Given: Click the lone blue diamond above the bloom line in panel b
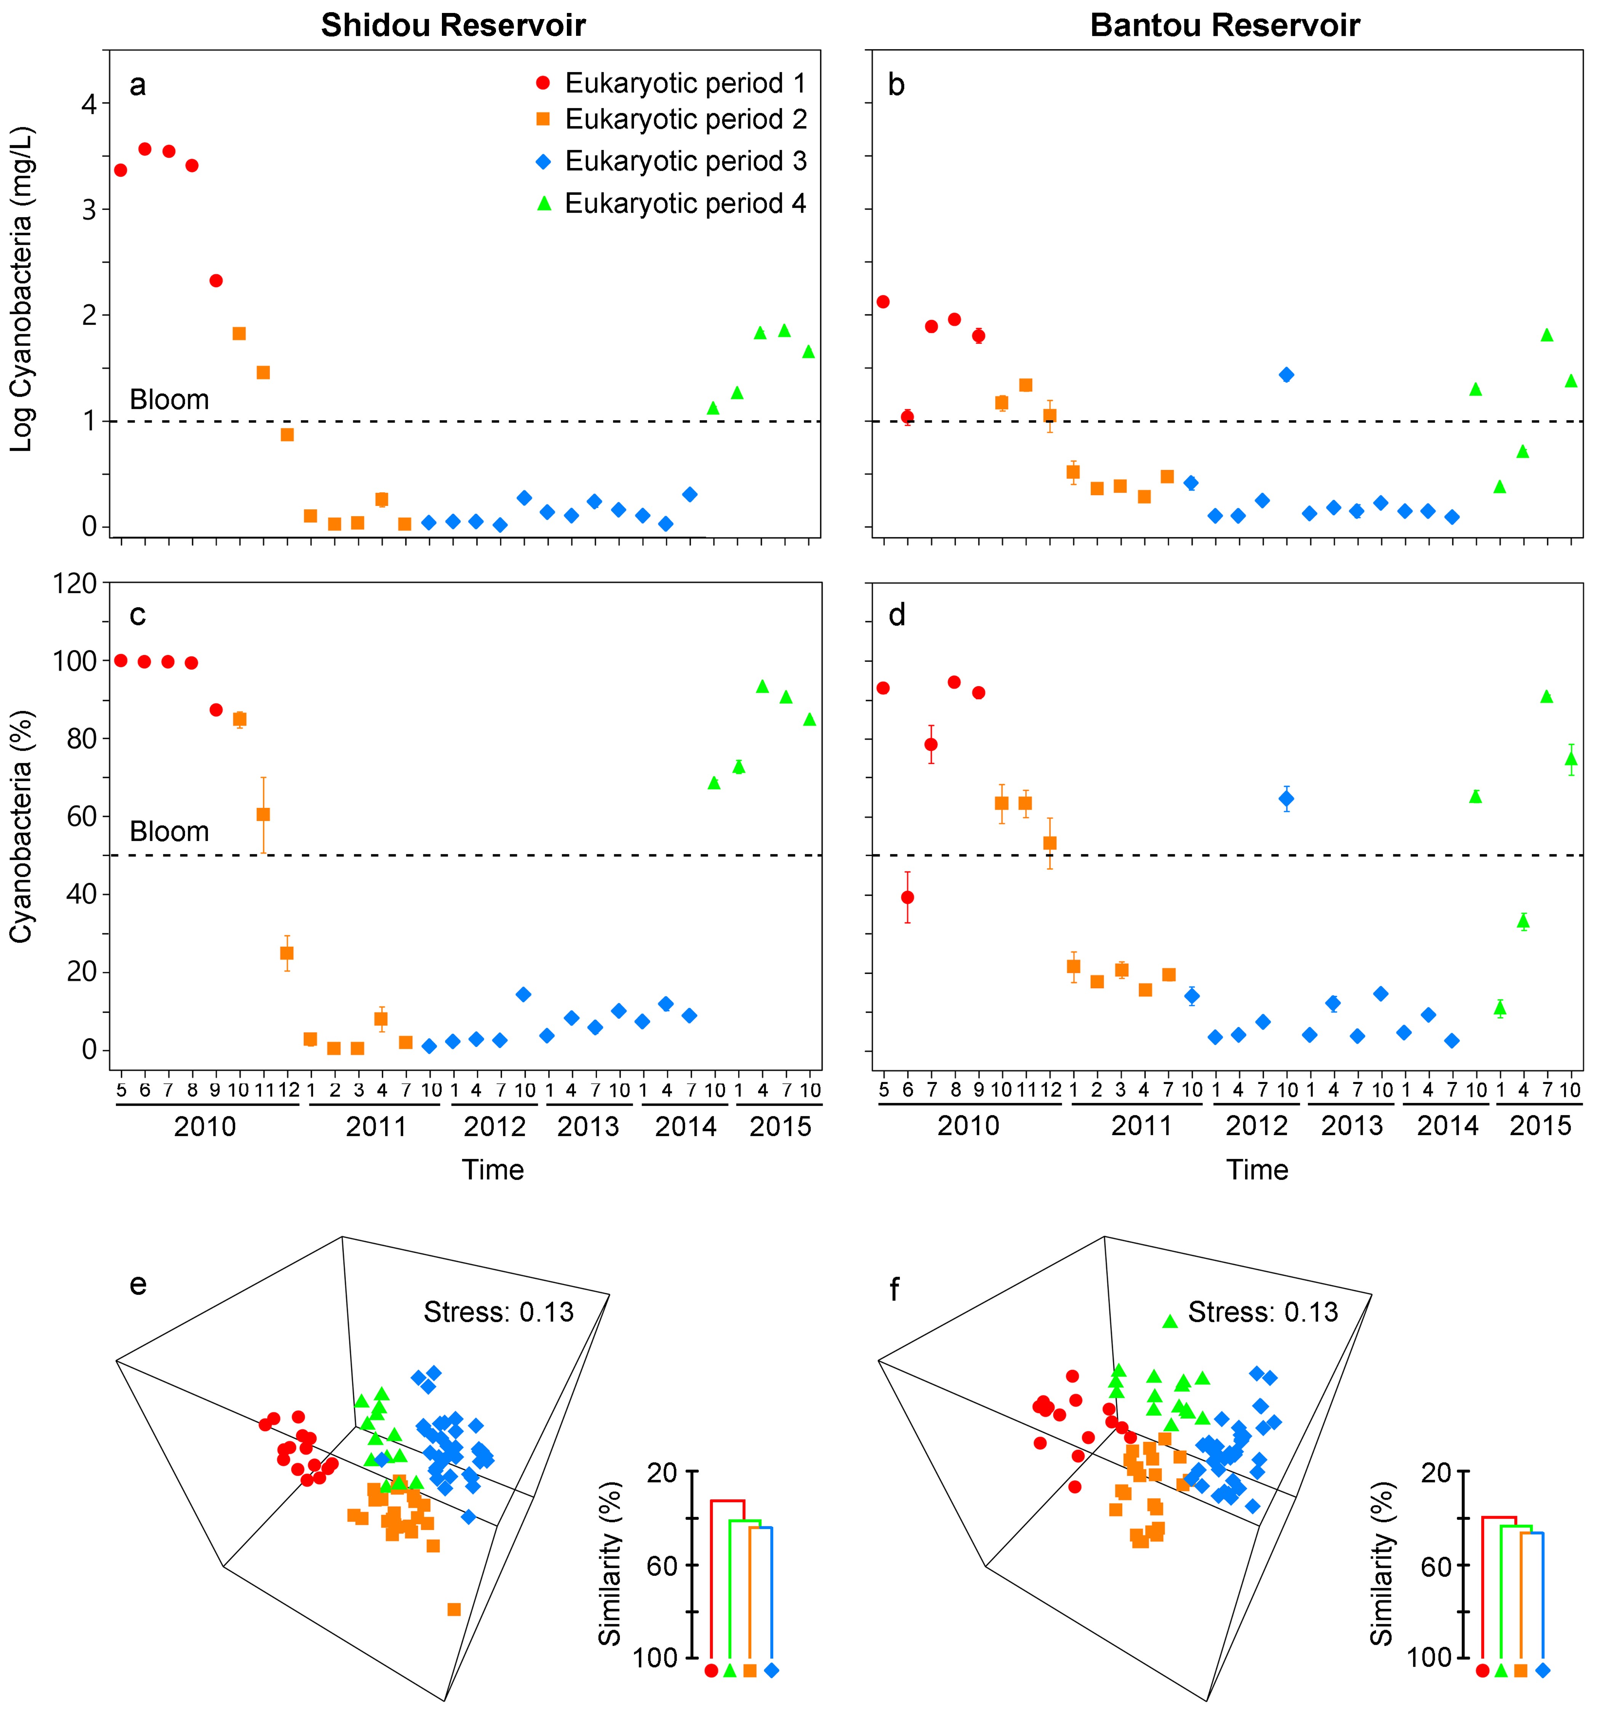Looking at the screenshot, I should click(x=1286, y=374).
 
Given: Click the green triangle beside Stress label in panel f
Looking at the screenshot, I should click(x=1169, y=1321).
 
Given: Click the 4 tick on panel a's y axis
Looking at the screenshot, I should click(x=89, y=104).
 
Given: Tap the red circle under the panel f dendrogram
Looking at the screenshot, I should click(x=1482, y=1670).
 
